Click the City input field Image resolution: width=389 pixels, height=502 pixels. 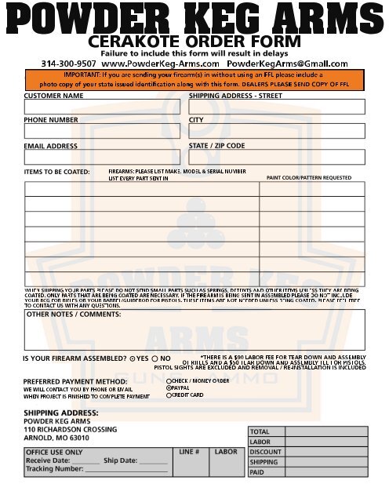click(x=276, y=131)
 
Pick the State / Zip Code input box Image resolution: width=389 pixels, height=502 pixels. click(x=276, y=157)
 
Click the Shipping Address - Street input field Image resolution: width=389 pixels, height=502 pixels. click(x=276, y=107)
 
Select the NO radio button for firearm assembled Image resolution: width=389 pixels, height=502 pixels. click(x=155, y=358)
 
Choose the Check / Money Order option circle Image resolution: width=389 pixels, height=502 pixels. click(x=169, y=380)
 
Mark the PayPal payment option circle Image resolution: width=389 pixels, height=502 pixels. click(x=169, y=388)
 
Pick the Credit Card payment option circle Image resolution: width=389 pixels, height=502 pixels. click(x=169, y=395)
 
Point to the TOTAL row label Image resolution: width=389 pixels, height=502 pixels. click(x=260, y=432)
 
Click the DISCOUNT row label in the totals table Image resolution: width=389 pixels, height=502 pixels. click(x=265, y=453)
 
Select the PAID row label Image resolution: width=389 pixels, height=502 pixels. click(x=258, y=473)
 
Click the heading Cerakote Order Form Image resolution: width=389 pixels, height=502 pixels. click(x=194, y=41)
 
